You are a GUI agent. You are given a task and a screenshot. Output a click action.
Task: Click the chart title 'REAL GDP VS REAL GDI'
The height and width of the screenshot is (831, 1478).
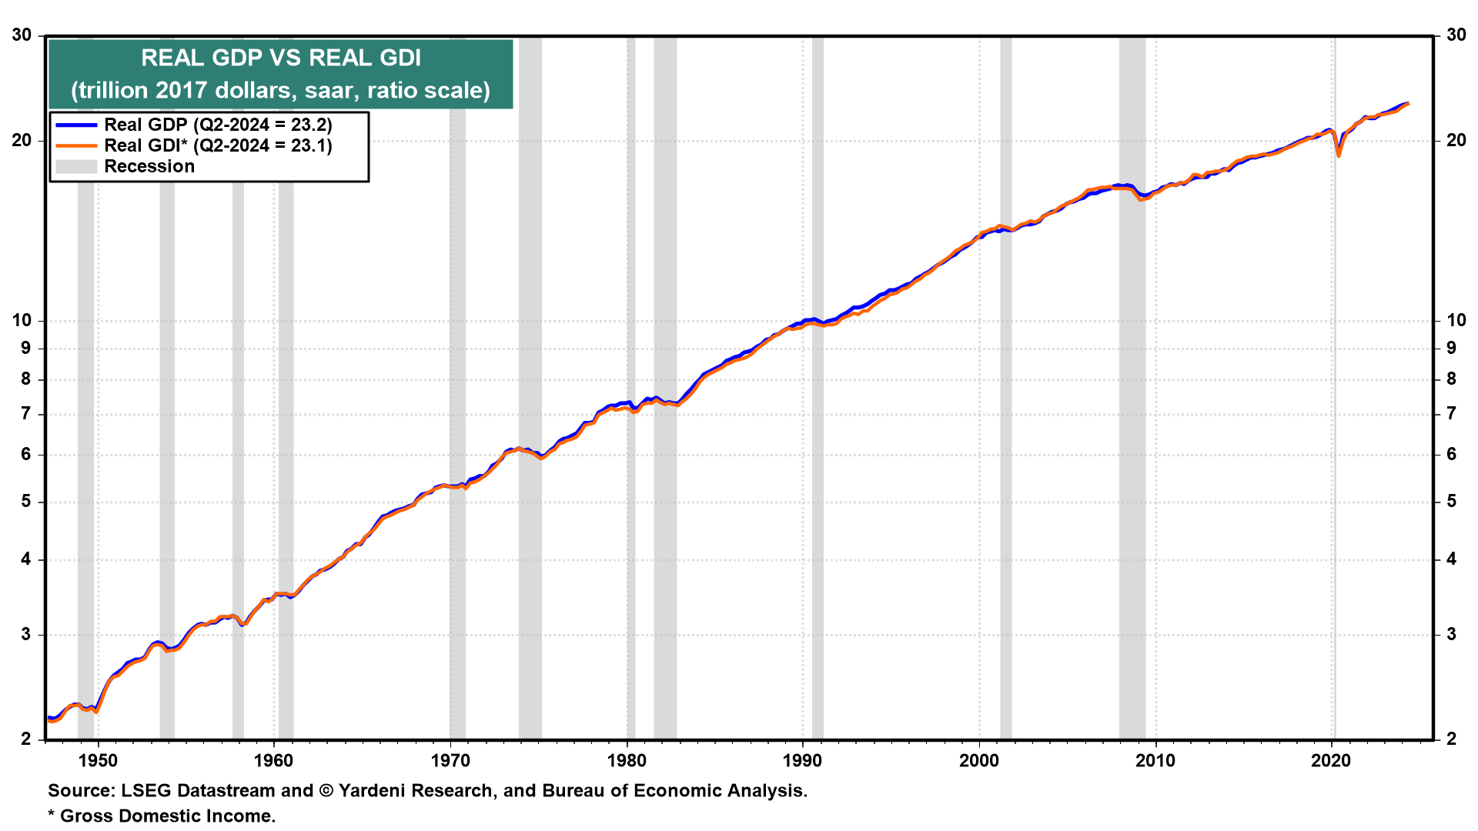[281, 58]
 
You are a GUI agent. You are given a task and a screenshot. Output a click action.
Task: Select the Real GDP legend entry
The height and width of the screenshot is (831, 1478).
[218, 125]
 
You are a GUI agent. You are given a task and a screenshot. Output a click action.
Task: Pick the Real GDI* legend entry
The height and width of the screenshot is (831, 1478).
[218, 145]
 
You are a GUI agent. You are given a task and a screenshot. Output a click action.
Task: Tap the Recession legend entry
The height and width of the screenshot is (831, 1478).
[149, 166]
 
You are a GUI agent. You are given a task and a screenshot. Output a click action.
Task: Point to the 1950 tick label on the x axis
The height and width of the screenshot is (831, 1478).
[98, 761]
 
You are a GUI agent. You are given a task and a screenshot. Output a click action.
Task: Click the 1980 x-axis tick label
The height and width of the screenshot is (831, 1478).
[627, 761]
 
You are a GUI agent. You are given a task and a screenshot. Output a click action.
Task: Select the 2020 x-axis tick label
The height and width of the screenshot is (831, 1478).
[1332, 761]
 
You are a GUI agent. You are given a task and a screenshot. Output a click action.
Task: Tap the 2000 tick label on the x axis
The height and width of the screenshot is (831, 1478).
[979, 761]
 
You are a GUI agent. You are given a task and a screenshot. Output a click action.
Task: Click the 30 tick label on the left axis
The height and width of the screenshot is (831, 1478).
[22, 35]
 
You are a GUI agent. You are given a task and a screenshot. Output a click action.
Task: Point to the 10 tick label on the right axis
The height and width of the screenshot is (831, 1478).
[1456, 320]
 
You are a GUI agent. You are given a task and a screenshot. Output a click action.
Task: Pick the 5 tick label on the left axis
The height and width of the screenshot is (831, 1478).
[26, 502]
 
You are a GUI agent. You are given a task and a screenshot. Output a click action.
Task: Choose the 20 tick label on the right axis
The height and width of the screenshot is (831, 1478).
[1456, 140]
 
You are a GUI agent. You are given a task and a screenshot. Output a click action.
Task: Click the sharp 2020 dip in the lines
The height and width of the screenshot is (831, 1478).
[1339, 154]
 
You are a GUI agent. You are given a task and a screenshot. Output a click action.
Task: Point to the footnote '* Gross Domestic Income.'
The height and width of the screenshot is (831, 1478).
[162, 816]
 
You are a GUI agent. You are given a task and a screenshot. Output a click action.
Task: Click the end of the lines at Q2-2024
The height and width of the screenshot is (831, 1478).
[1407, 104]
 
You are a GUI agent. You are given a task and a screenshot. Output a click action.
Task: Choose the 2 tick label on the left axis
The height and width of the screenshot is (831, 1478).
[26, 739]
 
